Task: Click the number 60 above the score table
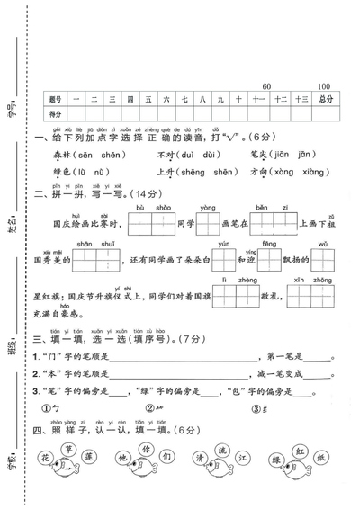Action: [265, 85]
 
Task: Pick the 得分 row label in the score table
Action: [56, 114]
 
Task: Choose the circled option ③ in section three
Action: [256, 408]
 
